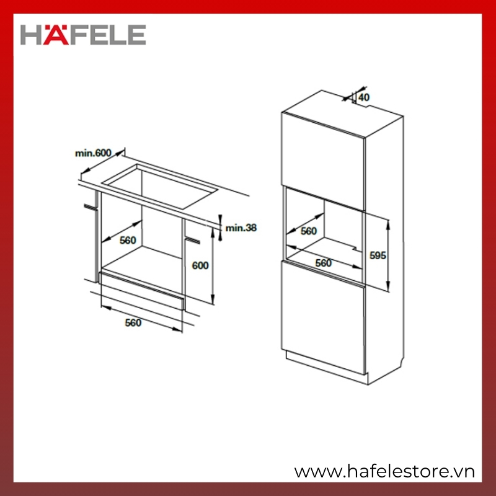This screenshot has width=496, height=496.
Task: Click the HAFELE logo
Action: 83,35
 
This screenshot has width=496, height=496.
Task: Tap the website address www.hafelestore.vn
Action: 384,472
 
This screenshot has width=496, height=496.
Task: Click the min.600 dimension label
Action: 93,153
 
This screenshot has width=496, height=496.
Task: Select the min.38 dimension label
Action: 241,228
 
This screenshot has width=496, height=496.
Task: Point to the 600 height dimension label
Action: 200,265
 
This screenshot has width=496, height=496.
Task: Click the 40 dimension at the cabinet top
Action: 364,97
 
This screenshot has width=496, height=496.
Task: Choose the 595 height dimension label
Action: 378,255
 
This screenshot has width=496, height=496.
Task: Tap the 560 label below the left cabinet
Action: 133,322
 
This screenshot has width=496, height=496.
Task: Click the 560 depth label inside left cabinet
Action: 128,241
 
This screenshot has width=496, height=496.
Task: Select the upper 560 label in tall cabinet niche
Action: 309,231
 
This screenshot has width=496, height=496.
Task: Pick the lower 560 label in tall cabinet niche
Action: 323,263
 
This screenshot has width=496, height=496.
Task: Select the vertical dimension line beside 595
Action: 388,255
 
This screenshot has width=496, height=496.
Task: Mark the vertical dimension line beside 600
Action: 213,266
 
